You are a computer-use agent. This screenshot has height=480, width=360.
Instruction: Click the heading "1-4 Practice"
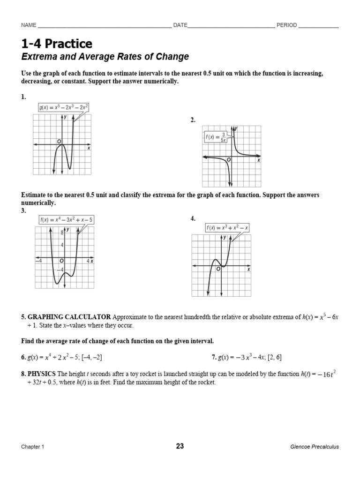tap(57, 44)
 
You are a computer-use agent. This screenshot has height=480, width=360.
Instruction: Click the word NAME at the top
tap(29, 25)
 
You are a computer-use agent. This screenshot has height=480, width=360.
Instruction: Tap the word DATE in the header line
tap(180, 25)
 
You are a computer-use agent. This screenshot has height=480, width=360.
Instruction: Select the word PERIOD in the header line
tap(286, 25)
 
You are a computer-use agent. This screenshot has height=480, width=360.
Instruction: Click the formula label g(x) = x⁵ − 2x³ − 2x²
tap(63, 108)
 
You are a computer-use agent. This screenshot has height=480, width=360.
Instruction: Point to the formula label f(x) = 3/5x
tap(216, 137)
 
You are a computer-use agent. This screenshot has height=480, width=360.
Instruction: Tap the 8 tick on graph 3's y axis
tap(61, 232)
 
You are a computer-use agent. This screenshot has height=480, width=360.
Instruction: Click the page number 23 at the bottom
tap(180, 446)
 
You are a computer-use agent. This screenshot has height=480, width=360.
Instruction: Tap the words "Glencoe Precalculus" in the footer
tap(315, 447)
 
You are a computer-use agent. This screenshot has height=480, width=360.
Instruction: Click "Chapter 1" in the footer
tap(32, 447)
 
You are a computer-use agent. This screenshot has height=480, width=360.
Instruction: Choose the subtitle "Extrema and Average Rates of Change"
tap(105, 57)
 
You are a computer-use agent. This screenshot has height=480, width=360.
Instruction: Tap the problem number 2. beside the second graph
tap(193, 120)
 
